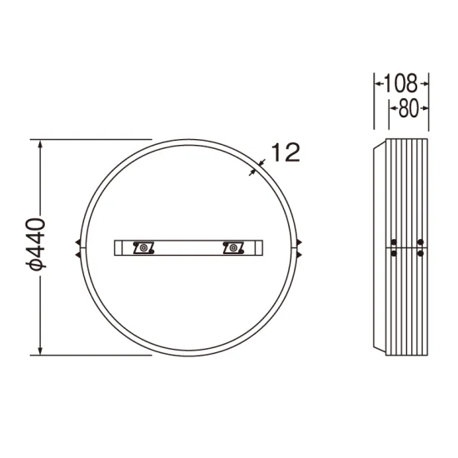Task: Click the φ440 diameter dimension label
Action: pos(36,243)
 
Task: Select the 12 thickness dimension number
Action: pos(286,152)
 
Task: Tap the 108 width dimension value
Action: pos(401,83)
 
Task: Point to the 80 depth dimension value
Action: pos(408,108)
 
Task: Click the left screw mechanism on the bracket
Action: pos(143,248)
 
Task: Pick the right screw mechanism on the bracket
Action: pos(233,248)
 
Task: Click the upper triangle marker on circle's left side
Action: pos(78,241)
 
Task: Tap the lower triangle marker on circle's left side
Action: pos(78,255)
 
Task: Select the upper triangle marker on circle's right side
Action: pos(299,241)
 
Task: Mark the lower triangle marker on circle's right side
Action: pos(299,255)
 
